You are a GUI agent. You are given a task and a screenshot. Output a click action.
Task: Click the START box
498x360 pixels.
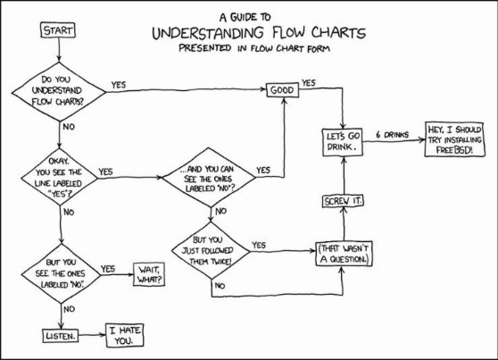click(58, 30)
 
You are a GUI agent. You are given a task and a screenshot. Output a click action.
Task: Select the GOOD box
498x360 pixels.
click(282, 90)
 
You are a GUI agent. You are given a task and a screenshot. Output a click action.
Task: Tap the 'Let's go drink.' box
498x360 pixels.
click(343, 142)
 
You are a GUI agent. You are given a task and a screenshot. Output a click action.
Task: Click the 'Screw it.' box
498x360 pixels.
click(343, 201)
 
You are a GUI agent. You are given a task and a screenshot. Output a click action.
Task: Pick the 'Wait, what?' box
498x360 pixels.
click(149, 274)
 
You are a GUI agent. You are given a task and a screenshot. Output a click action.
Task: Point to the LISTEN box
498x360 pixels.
click(61, 336)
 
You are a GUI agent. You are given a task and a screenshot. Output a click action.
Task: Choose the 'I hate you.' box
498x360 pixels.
click(125, 336)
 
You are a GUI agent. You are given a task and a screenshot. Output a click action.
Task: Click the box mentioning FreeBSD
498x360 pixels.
click(454, 139)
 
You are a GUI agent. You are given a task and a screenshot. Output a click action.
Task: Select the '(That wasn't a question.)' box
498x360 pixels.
click(344, 254)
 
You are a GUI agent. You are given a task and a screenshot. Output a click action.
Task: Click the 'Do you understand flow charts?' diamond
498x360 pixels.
click(59, 92)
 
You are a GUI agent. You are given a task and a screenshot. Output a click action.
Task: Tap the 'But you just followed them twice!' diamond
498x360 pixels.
click(211, 251)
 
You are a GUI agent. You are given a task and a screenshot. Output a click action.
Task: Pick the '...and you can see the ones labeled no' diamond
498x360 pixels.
click(209, 178)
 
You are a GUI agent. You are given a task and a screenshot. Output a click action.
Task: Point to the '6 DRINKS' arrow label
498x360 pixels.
click(392, 135)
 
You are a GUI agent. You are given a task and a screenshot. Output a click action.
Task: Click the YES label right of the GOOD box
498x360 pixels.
click(309, 83)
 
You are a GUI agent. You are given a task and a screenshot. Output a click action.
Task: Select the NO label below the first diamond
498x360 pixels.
click(69, 127)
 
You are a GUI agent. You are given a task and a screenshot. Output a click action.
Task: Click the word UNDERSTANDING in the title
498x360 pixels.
click(208, 33)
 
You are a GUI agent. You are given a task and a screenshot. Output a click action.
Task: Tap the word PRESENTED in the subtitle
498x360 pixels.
click(205, 48)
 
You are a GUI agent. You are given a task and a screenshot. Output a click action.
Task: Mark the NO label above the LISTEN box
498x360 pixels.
click(69, 309)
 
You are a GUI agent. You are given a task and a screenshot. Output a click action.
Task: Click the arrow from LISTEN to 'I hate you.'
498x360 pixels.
click(92, 335)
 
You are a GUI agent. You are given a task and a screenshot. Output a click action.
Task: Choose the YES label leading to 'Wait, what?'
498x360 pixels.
click(108, 269)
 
